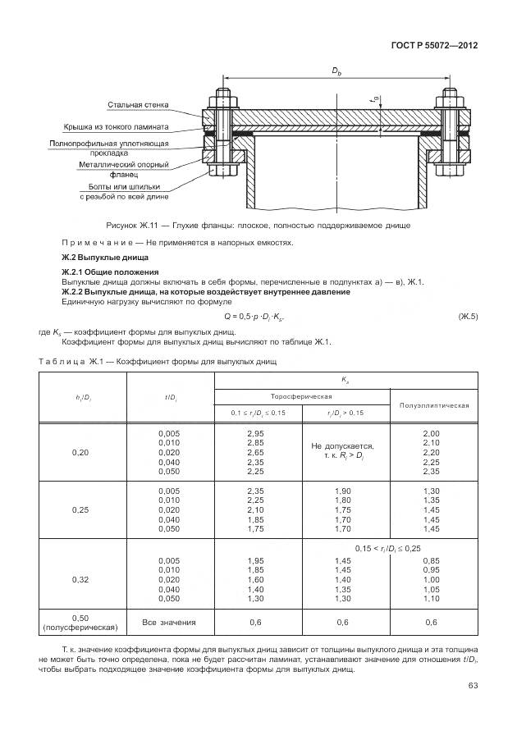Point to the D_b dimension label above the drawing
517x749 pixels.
[336, 73]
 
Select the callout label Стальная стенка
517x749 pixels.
[137, 105]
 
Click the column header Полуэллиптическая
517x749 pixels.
[433, 404]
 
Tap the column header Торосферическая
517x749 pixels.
[302, 395]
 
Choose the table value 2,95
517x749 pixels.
[255, 432]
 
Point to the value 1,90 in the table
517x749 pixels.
[343, 491]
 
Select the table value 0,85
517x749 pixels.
[432, 561]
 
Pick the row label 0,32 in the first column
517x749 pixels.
[80, 580]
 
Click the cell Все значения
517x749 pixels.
[167, 622]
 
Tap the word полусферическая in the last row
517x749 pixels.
[80, 628]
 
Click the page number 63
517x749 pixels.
[473, 686]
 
